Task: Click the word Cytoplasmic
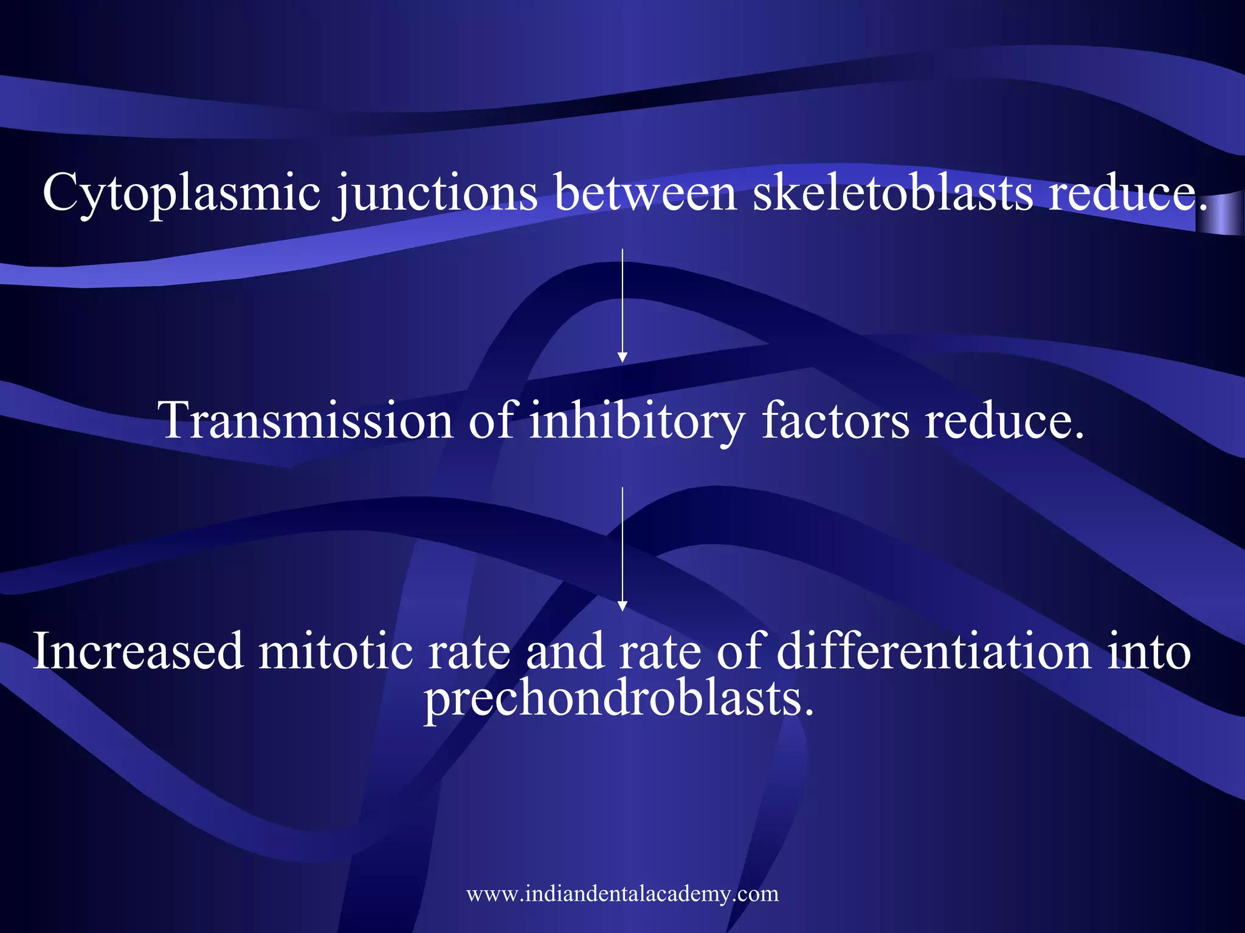181,193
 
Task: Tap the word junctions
436,193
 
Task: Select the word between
645,193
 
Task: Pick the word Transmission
305,420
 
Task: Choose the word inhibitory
636,420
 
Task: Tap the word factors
835,420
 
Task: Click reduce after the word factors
1004,420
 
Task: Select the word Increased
138,651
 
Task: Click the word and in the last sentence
564,651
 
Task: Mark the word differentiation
934,651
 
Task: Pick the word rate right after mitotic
469,651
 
